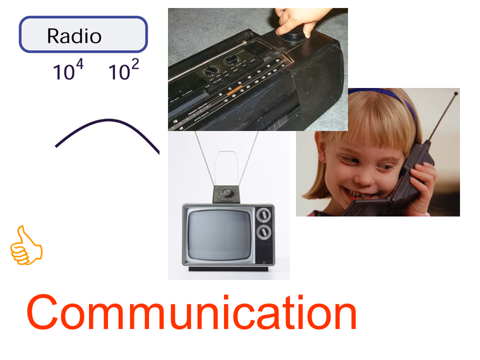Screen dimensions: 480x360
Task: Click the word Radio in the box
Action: pos(74,36)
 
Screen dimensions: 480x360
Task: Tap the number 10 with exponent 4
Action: pos(68,69)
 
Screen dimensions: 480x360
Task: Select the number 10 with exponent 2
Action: pos(123,69)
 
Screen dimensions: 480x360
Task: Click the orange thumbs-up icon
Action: pos(26,245)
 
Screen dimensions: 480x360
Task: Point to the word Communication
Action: pos(192,312)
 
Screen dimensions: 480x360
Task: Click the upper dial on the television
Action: pos(263,214)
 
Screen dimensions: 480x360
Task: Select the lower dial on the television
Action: pos(263,231)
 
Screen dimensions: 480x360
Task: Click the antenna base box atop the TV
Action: pos(226,194)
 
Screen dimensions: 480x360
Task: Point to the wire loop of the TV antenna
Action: pos(226,168)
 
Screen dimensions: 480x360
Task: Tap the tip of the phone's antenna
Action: pos(456,93)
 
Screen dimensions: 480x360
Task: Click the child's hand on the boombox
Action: pos(296,21)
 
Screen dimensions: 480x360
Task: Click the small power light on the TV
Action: pos(264,262)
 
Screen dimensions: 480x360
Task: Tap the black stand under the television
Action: pos(228,269)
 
